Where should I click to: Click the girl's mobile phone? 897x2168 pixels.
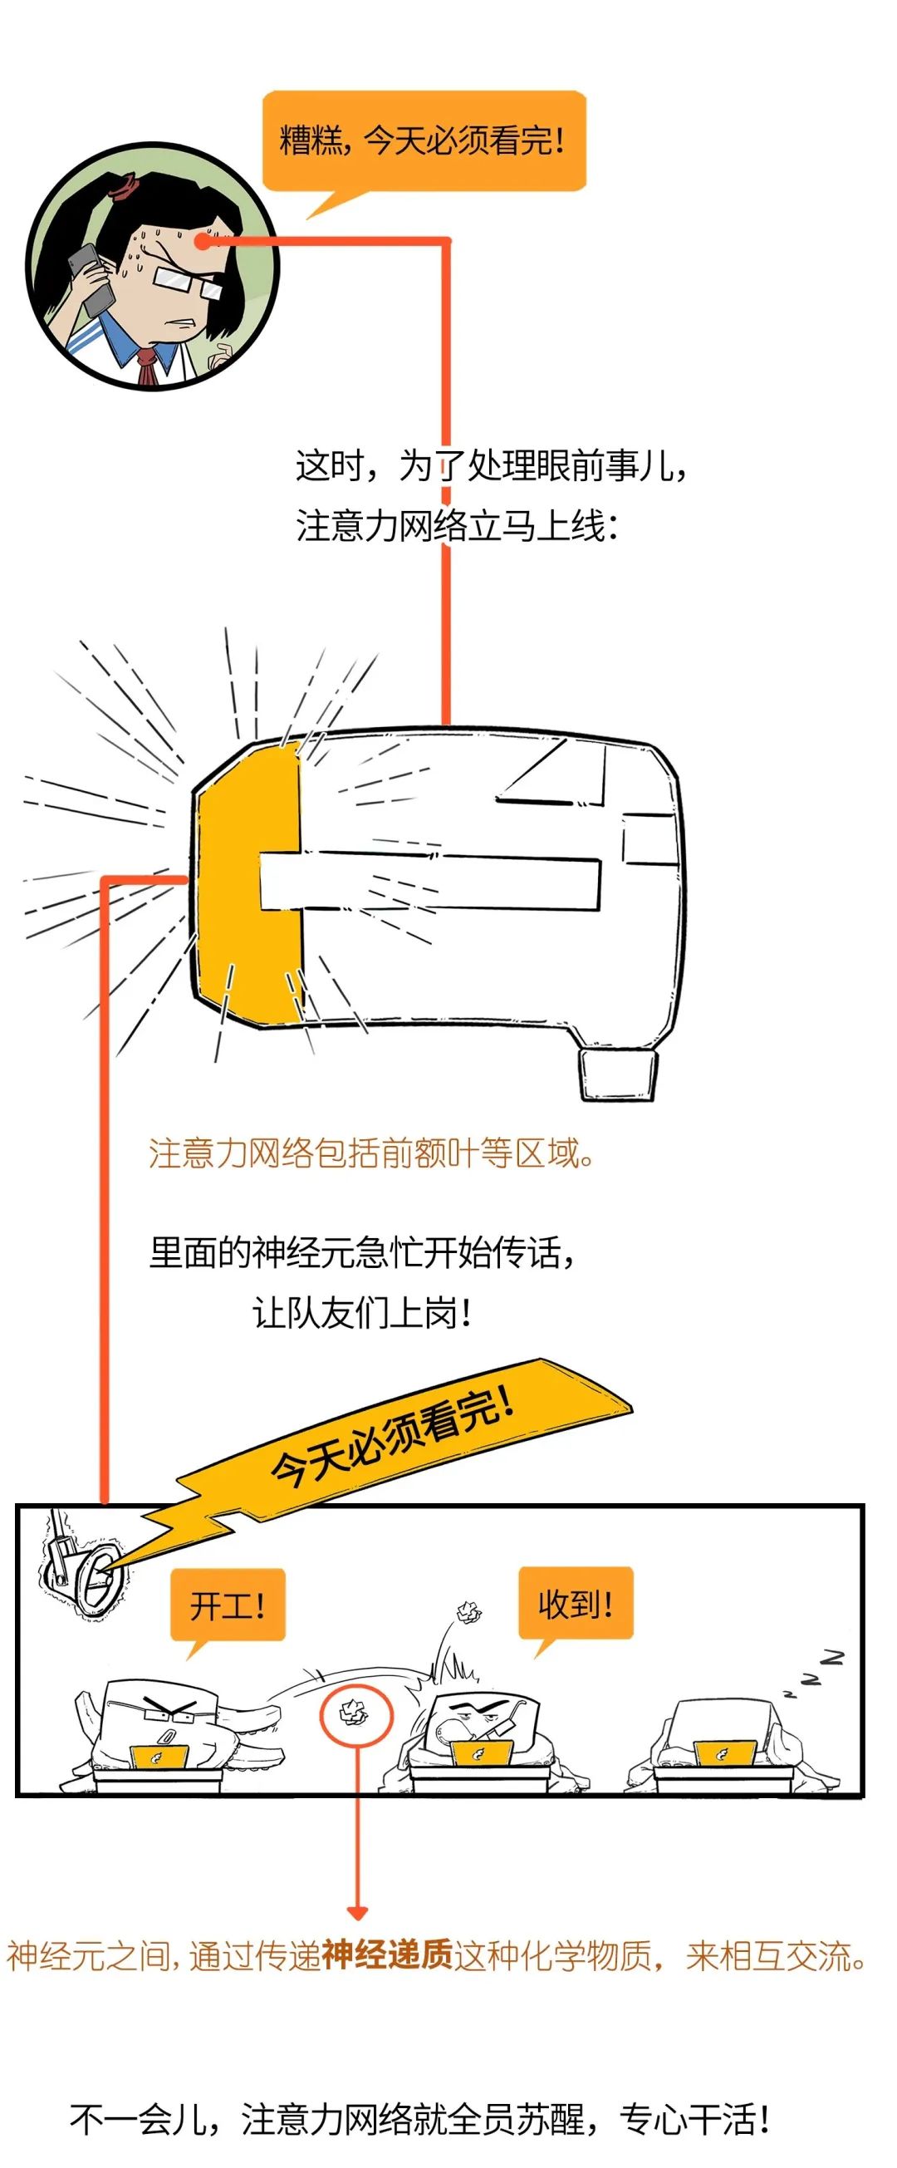pyautogui.click(x=90, y=280)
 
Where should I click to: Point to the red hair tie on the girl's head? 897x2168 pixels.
pyautogui.click(x=124, y=185)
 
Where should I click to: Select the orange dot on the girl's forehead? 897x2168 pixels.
pyautogui.click(x=202, y=242)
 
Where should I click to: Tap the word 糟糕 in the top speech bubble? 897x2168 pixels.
pyautogui.click(x=310, y=139)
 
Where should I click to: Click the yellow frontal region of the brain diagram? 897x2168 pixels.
pyautogui.click(x=248, y=883)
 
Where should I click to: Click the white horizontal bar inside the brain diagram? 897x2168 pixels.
pyautogui.click(x=429, y=882)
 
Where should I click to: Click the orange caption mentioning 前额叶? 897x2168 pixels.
pyautogui.click(x=373, y=1153)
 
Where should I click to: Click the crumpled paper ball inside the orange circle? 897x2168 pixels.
pyautogui.click(x=355, y=1712)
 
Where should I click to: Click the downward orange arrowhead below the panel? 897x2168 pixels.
pyautogui.click(x=358, y=1913)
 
